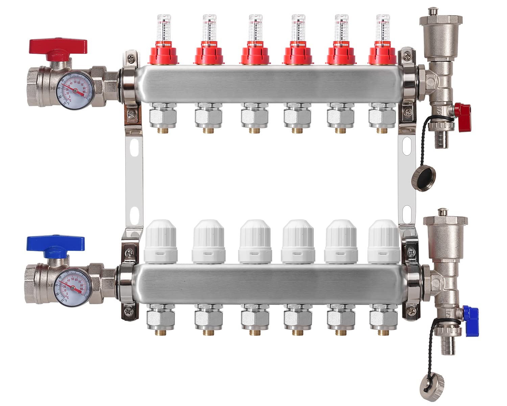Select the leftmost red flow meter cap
[x=164, y=54]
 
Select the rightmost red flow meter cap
[x=382, y=54]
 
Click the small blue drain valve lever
[x=470, y=316]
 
